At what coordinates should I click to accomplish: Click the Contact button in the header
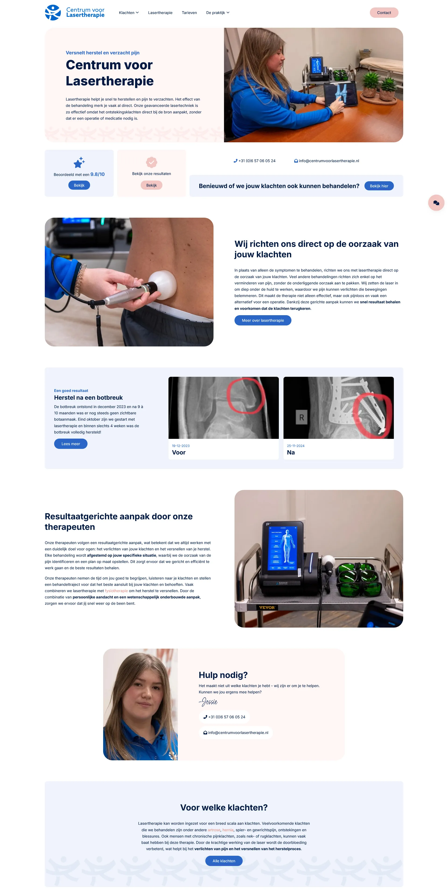(x=384, y=13)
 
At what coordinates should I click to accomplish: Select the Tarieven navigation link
(x=189, y=13)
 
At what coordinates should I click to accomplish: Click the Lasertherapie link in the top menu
(x=160, y=13)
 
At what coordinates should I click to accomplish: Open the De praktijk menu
(x=217, y=13)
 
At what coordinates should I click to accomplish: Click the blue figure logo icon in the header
(x=53, y=13)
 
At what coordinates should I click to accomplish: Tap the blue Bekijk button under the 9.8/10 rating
(x=79, y=185)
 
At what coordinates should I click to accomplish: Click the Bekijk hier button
(x=379, y=186)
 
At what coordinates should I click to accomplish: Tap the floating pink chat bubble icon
(x=436, y=203)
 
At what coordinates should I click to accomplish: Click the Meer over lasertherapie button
(x=263, y=320)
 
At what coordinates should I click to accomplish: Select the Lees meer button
(x=71, y=444)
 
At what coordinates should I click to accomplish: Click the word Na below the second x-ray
(x=291, y=453)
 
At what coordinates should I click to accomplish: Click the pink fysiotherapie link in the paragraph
(x=116, y=591)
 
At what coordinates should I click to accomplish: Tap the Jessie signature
(x=208, y=702)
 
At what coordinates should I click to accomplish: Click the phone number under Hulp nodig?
(x=224, y=717)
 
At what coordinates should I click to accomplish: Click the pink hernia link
(x=228, y=830)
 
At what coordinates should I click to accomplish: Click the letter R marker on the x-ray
(x=301, y=418)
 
